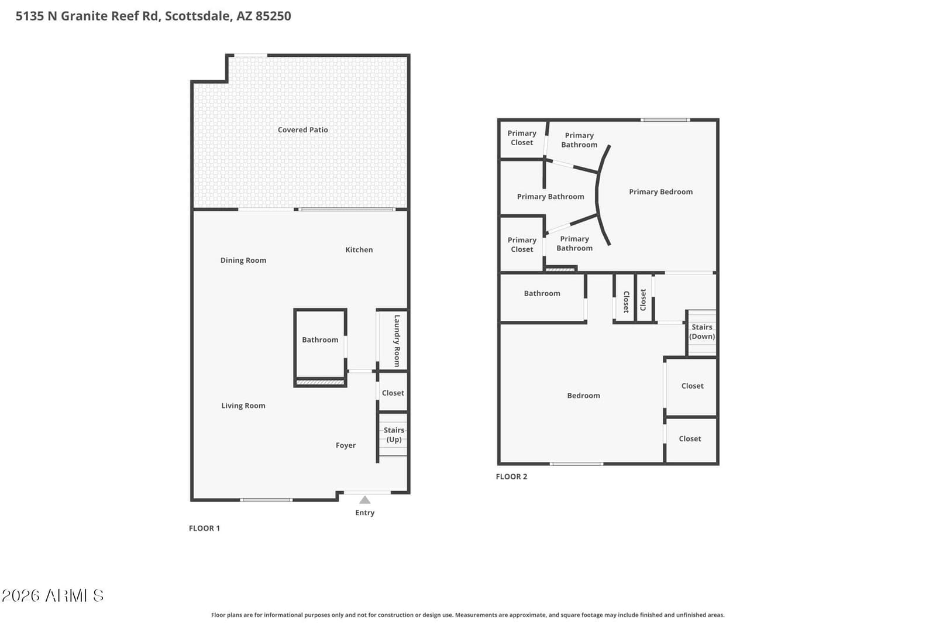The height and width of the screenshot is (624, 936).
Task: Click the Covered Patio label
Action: (302, 129)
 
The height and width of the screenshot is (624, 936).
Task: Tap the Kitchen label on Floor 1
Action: (359, 250)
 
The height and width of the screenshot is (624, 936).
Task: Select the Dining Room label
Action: (243, 260)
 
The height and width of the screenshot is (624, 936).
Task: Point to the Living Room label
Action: (243, 405)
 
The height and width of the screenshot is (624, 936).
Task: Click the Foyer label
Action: (346, 445)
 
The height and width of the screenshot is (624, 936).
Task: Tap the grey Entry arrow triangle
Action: (365, 500)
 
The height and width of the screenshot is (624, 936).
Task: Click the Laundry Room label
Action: (397, 341)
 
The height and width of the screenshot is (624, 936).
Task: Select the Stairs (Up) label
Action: (394, 434)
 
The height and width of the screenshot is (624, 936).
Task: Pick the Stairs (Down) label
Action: (702, 332)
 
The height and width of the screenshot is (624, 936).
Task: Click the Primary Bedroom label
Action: (660, 192)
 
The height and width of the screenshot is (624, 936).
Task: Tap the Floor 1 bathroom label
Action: (320, 340)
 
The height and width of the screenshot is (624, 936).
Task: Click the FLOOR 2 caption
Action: (511, 476)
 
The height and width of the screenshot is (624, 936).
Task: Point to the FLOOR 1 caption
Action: (204, 528)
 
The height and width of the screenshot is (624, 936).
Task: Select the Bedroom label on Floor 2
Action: (583, 396)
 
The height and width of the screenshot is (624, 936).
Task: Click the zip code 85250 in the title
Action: (273, 16)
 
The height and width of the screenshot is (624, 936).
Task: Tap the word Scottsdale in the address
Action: (198, 16)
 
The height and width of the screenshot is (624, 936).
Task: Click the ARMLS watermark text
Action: (52, 595)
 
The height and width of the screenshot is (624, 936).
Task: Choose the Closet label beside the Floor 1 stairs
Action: (393, 393)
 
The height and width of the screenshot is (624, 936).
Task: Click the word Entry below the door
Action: (365, 513)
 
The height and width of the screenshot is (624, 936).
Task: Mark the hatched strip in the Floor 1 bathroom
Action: (320, 382)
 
